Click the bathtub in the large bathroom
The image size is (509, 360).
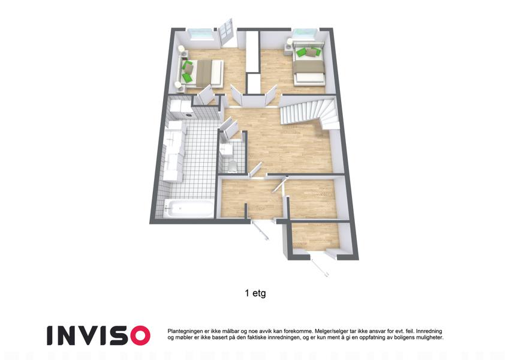pyautogui.click(x=189, y=208)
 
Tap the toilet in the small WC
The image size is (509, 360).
pyautogui.click(x=233, y=166)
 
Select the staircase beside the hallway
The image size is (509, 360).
pyautogui.click(x=309, y=112)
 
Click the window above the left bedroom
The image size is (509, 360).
pyautogui.click(x=200, y=34)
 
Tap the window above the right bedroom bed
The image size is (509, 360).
pyautogui.click(x=305, y=34)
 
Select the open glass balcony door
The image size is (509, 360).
pyautogui.click(x=226, y=32)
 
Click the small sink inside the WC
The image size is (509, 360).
pyautogui.click(x=226, y=149)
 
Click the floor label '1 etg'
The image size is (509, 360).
pyautogui.click(x=255, y=293)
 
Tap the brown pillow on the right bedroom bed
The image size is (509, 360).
pyautogui.click(x=311, y=52)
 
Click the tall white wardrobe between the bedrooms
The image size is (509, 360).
pyautogui.click(x=252, y=52)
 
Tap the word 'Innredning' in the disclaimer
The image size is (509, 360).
pyautogui.click(x=429, y=331)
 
